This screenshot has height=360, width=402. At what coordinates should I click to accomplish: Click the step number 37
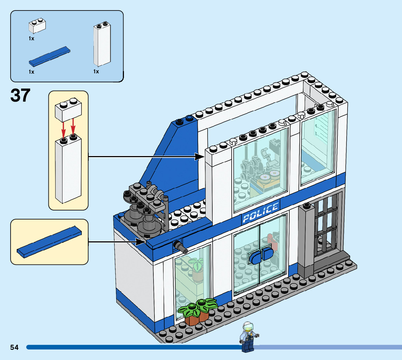click(20, 95)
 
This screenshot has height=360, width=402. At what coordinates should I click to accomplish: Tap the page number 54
click(15, 347)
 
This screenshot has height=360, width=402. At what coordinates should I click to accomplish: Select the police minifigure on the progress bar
click(247, 337)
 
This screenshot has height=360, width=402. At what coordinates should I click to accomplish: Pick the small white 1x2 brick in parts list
click(37, 26)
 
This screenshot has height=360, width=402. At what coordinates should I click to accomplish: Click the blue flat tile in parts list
click(50, 57)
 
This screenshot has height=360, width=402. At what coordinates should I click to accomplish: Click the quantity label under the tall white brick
click(96, 72)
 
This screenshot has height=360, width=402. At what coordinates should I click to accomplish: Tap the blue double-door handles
click(261, 256)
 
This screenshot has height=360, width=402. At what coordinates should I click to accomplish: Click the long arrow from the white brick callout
click(145, 157)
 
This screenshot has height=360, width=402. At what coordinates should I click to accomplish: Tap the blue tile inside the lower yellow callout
click(49, 242)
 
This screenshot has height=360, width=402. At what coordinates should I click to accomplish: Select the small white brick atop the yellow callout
click(68, 110)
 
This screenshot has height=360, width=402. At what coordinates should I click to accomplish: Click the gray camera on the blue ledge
click(181, 248)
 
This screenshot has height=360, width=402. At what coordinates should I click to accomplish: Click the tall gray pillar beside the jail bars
click(306, 240)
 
